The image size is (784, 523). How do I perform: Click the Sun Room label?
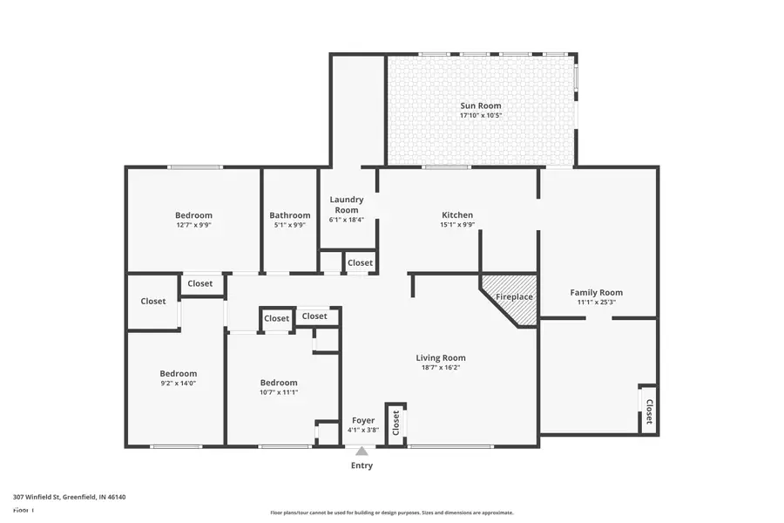tap(481, 105)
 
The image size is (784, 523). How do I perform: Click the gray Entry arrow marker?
tap(362, 451)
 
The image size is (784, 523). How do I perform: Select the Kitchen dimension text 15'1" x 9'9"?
tap(457, 224)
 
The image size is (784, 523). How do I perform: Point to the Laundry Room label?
tap(346, 204)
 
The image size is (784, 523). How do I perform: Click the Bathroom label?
tap(290, 215)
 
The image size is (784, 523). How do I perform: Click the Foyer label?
tap(363, 420)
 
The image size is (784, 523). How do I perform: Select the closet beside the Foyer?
tap(395, 424)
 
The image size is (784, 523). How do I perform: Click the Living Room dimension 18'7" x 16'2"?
tap(440, 367)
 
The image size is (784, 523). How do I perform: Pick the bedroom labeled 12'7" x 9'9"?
tap(193, 215)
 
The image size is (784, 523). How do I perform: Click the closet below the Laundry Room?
tap(360, 262)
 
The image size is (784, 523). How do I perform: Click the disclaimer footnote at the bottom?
tap(392, 513)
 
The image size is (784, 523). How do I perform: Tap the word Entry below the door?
tap(362, 465)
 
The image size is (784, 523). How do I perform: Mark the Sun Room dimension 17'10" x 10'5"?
tap(481, 115)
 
